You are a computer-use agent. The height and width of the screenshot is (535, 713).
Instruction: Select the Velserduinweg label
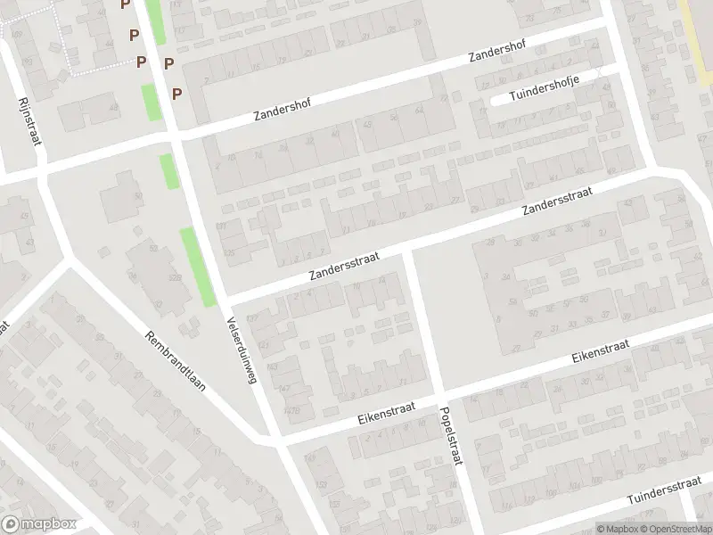[x=242, y=350]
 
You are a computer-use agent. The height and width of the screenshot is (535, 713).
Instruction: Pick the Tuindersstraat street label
[x=665, y=490]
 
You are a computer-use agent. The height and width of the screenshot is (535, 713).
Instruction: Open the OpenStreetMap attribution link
[x=674, y=528]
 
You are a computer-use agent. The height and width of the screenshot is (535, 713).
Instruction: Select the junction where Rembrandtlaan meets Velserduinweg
[x=272, y=438]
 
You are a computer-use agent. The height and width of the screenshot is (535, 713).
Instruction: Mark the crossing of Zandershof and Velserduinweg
[x=174, y=136]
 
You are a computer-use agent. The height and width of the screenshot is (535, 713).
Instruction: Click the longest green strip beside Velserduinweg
[x=198, y=267]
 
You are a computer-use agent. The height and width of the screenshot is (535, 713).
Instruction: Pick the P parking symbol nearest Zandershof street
[x=176, y=93]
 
